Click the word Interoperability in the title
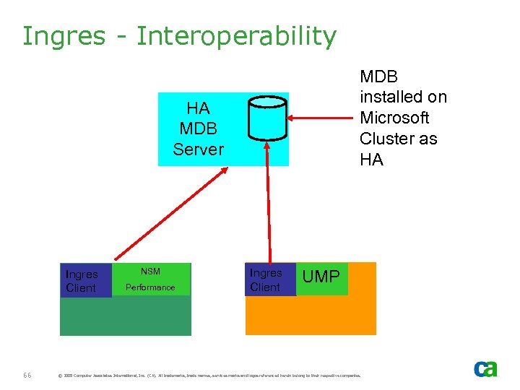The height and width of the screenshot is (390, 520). tap(236, 36)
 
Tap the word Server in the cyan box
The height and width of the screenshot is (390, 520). tap(198, 149)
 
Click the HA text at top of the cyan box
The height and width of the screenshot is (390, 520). tap(198, 108)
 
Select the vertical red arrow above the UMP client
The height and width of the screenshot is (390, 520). tap(269, 202)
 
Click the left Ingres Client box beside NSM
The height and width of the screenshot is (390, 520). tap(82, 281)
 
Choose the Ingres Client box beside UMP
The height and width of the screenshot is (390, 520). tap(266, 279)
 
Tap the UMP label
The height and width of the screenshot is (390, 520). tap(321, 277)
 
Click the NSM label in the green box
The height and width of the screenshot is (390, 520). tap(150, 272)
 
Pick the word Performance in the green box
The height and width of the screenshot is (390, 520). tap(150, 287)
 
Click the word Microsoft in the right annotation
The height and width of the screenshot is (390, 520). tap(394, 118)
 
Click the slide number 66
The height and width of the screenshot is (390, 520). tap(27, 376)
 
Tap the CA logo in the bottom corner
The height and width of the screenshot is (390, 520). tap(485, 368)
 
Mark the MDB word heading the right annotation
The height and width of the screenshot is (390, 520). tap(379, 77)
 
